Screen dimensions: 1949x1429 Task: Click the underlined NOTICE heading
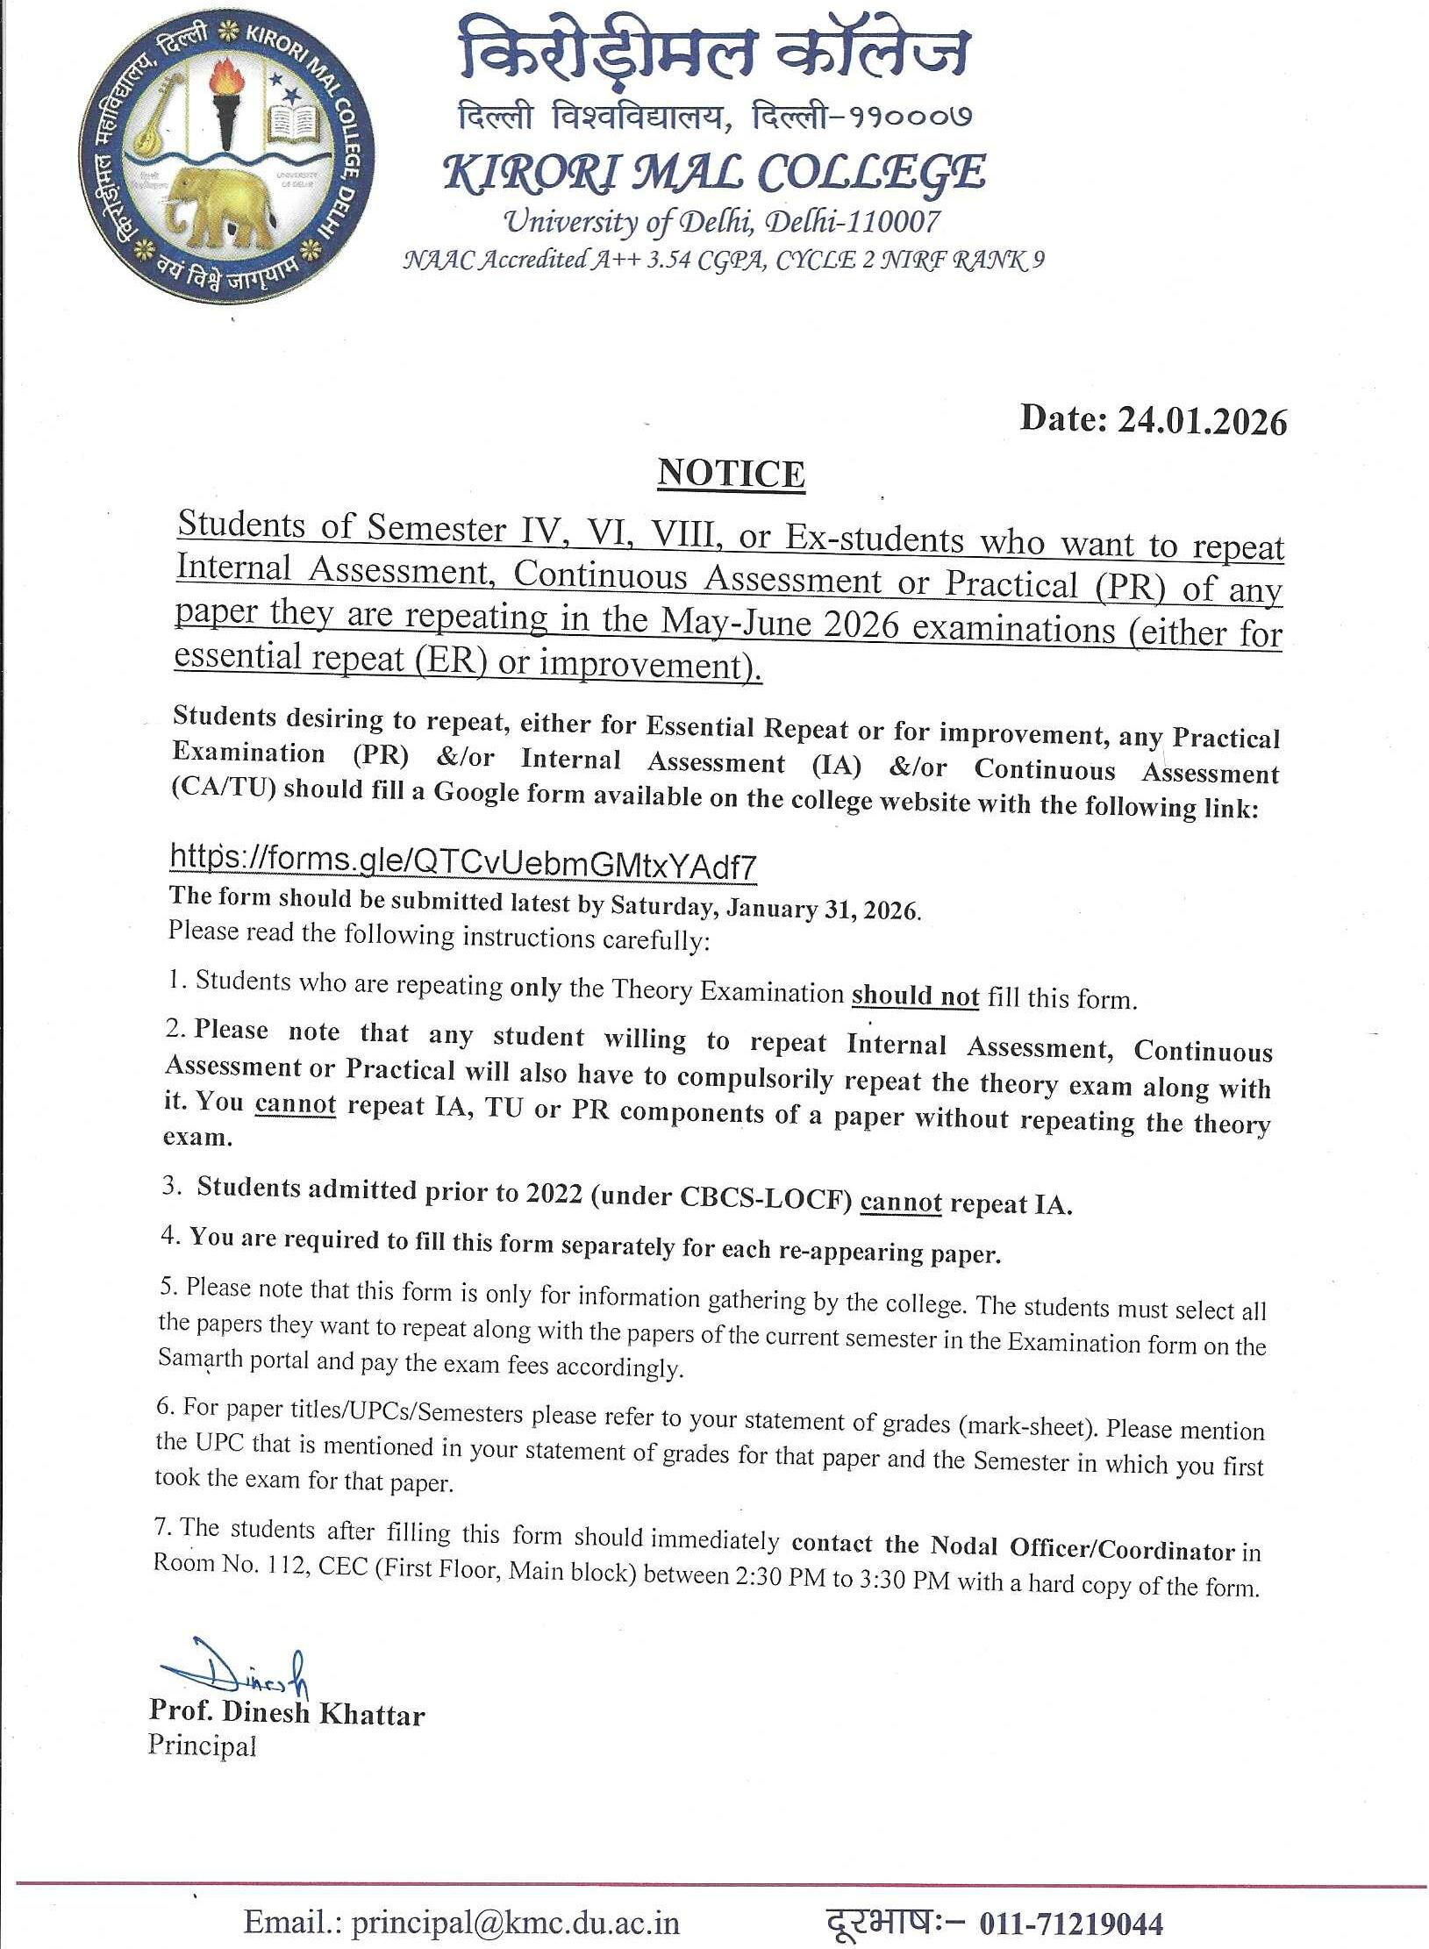click(731, 474)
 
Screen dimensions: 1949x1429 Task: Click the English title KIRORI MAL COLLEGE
click(714, 172)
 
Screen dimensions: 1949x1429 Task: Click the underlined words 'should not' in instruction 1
click(915, 996)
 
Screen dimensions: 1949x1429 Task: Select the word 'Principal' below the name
click(202, 1746)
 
